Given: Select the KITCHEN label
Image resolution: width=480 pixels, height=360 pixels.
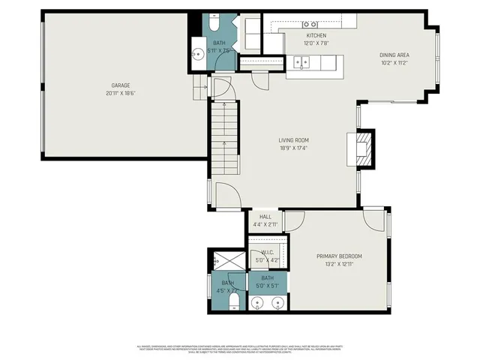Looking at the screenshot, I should coord(316,36).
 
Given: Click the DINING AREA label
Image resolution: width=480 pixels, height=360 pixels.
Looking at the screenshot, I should coord(394,55).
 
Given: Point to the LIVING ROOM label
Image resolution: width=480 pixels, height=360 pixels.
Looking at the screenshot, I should coord(294,140).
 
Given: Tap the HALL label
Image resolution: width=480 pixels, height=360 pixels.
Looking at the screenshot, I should coord(265,217).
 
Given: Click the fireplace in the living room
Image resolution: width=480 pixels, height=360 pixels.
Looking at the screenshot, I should coord(363,148).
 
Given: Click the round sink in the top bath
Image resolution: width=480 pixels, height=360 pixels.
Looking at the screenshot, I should coord(199,54).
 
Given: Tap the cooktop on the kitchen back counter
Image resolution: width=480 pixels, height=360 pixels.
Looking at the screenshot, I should coord(310,25).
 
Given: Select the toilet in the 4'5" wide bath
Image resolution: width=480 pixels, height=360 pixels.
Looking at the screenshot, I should coord(234,301).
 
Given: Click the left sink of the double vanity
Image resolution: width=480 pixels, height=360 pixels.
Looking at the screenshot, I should coord(258,302).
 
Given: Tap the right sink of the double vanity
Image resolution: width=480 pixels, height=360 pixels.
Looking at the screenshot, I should coord(277,302).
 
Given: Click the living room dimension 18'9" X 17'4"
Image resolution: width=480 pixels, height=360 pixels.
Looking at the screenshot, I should coord(294,148).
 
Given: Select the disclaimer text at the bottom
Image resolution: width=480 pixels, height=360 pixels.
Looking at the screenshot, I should coord(240,349).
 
